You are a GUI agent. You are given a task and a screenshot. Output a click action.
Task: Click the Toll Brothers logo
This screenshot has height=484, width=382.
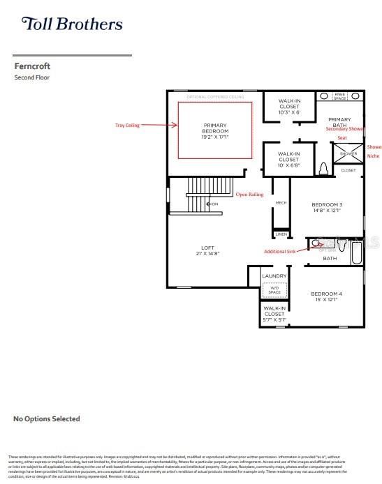coord(72,24)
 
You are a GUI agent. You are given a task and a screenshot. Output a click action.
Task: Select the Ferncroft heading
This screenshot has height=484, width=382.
coord(33,66)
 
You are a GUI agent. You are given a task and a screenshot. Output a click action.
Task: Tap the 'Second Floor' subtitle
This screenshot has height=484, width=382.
coord(33,77)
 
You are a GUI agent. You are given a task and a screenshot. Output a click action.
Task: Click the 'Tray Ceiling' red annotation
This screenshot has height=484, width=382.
coord(127,126)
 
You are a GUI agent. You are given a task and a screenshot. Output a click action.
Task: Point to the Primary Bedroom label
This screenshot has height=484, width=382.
coord(216,130)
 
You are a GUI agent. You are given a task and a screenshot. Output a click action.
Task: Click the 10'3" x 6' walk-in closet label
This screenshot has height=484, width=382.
coord(289,106)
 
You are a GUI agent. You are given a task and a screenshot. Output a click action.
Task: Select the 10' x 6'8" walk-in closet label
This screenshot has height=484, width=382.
coord(289,160)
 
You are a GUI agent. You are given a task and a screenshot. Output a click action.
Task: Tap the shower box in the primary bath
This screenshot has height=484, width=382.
coord(348,153)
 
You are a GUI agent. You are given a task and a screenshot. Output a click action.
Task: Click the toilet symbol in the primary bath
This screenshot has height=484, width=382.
coord(324,169)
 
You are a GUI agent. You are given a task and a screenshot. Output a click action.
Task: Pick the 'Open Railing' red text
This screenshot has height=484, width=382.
coord(249,195)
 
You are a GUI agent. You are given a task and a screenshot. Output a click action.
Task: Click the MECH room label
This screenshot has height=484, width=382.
coord(281,203)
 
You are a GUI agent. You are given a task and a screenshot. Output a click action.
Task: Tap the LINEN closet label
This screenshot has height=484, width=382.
coord(281,234)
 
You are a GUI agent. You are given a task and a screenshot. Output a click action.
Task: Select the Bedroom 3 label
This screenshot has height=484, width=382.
coord(327,207)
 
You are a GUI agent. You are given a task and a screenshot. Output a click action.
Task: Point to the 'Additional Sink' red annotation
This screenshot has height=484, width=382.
coord(284,252)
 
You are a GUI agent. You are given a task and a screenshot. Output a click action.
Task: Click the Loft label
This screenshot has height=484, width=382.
coord(207,250)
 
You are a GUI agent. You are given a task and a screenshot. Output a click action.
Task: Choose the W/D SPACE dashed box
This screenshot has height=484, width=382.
coord(274,288)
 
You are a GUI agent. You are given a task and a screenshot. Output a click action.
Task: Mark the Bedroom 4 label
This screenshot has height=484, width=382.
coord(327,296)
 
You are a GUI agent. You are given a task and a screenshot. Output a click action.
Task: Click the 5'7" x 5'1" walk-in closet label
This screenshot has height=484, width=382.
coord(274,314)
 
